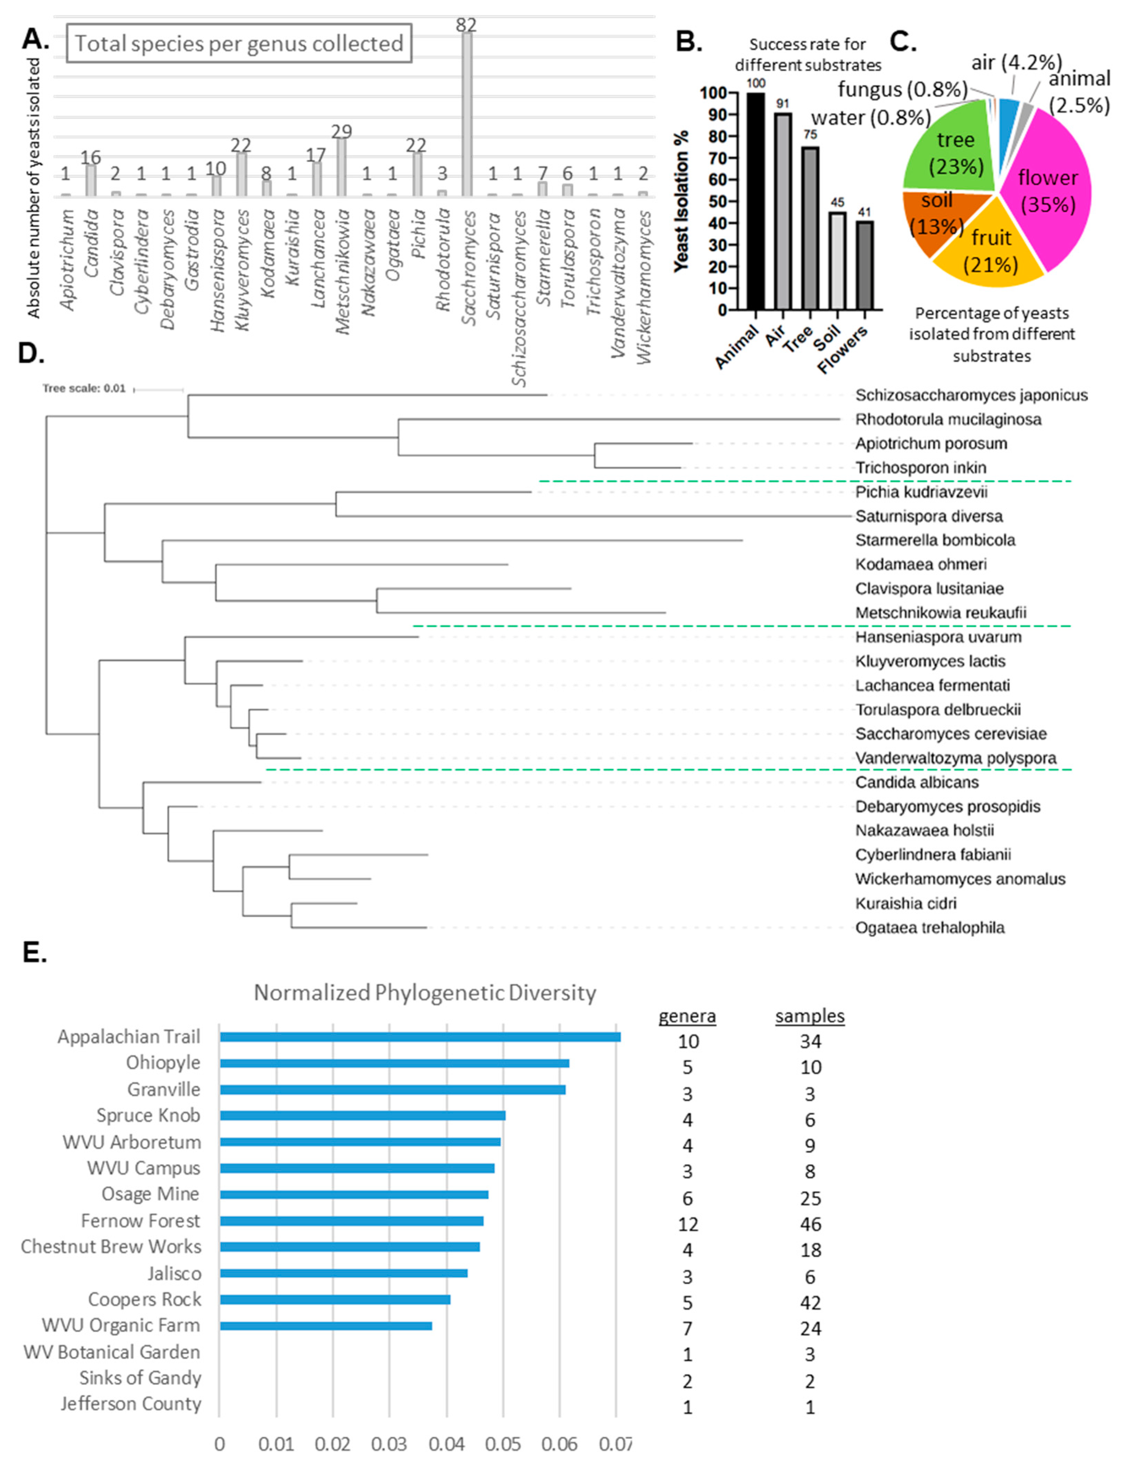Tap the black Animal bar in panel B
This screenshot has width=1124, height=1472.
point(755,201)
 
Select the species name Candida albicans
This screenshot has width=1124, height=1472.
point(917,782)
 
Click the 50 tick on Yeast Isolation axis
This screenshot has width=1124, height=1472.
point(719,201)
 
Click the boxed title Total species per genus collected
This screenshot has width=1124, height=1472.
point(239,44)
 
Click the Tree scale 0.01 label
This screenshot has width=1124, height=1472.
point(84,388)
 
